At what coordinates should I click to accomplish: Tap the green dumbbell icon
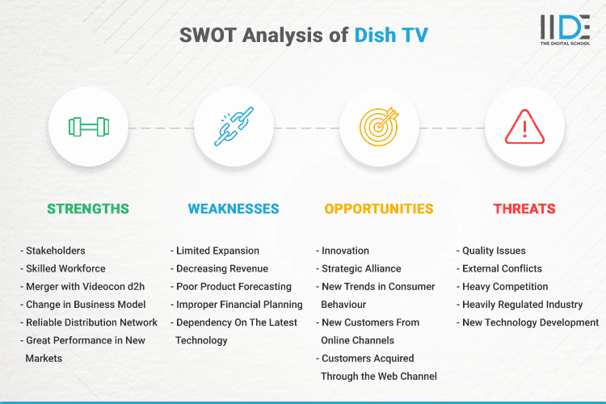click(x=88, y=127)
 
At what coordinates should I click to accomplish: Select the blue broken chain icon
click(x=234, y=127)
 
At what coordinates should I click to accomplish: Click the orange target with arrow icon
click(x=379, y=127)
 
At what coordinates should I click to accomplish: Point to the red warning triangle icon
click(x=524, y=127)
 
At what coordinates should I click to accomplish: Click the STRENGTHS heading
click(x=88, y=208)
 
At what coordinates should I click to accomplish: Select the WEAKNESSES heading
click(x=234, y=208)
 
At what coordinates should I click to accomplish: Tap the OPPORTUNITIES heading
click(x=379, y=208)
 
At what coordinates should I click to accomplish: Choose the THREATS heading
click(x=524, y=208)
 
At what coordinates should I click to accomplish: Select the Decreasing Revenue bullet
click(x=221, y=268)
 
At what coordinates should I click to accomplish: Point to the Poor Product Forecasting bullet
click(x=234, y=286)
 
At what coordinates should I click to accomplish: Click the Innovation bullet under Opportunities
click(x=345, y=250)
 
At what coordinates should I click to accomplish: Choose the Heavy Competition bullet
click(x=505, y=286)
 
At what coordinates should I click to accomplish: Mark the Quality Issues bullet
click(x=494, y=250)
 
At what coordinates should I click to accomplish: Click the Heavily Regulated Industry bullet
click(x=522, y=305)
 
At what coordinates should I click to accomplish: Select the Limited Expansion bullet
click(x=217, y=250)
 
